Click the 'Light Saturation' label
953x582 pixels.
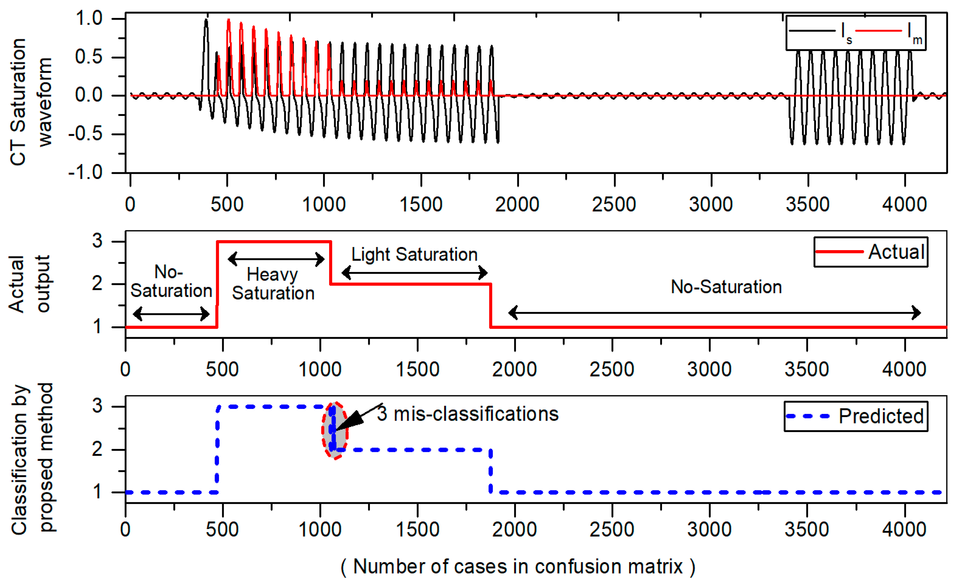tap(414, 255)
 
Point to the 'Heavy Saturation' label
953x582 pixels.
tap(273, 284)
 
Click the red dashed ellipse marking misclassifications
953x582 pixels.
tap(335, 430)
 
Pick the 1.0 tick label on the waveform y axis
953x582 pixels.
tap(89, 18)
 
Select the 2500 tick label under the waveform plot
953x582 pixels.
tap(614, 204)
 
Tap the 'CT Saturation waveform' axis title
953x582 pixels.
tap(30, 102)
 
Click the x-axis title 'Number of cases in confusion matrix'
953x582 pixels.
tap(518, 566)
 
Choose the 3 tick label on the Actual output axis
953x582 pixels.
tap(97, 241)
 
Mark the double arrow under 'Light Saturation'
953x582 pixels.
tap(414, 273)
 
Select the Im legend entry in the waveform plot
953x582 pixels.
tap(888, 31)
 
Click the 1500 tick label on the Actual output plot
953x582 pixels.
tap(417, 369)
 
